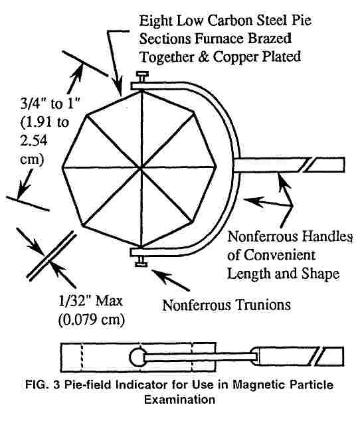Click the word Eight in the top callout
click(156, 21)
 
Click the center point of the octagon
click(141, 169)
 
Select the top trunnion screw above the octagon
click(142, 77)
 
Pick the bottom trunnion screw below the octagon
click(141, 261)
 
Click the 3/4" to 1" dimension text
click(50, 104)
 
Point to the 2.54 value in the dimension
click(34, 141)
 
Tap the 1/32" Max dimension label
click(90, 301)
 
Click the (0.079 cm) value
click(92, 320)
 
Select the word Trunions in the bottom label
click(262, 305)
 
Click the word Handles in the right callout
click(327, 236)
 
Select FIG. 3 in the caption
click(43, 385)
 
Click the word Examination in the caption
click(180, 400)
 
